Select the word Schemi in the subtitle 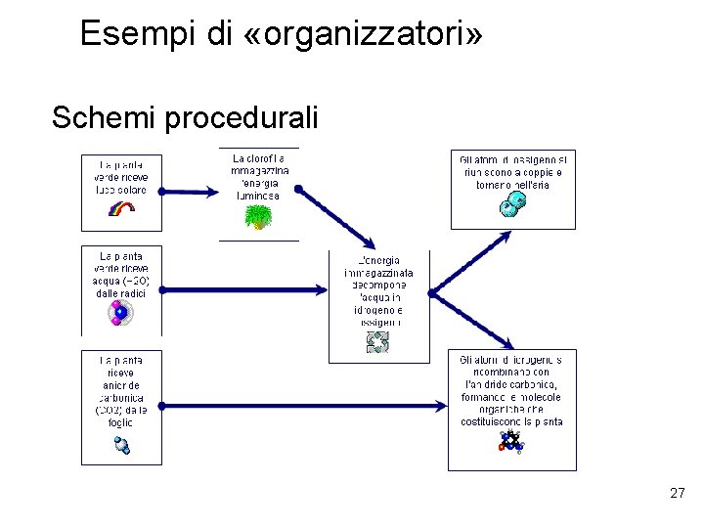click(105, 118)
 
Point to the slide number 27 click(678, 494)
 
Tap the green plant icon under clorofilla click(258, 216)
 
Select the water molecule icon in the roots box click(120, 314)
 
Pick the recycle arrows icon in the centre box click(377, 341)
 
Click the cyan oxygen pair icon click(513, 203)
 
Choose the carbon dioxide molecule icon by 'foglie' click(121, 445)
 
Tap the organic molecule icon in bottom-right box click(509, 442)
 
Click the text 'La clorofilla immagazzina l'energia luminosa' click(258, 176)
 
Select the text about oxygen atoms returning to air click(511, 171)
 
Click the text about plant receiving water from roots click(120, 274)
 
